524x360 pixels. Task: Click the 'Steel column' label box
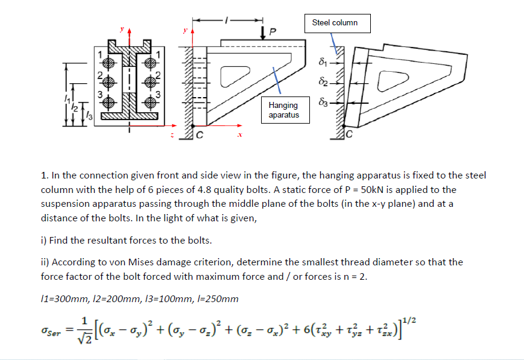click(335, 23)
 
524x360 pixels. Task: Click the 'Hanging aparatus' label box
click(283, 110)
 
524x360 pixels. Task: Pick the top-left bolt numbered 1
click(108, 63)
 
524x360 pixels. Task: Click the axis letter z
click(172, 137)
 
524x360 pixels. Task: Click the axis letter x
click(240, 137)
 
